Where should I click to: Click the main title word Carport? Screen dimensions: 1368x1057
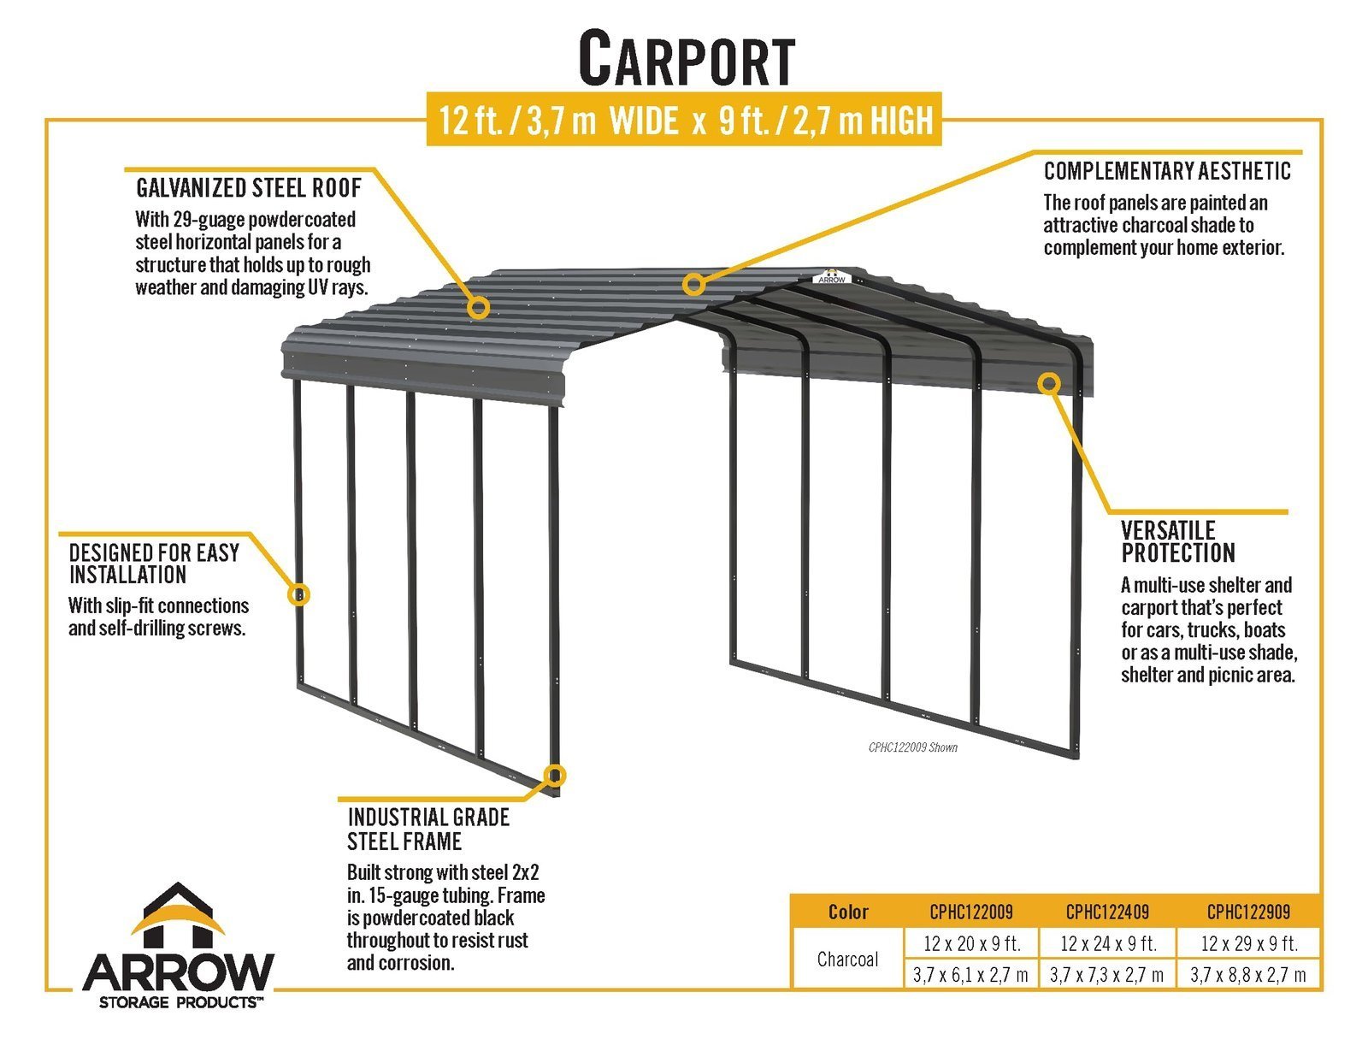[x=687, y=58]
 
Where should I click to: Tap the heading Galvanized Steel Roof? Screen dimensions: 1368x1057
[x=249, y=187]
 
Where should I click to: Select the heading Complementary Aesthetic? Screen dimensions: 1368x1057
[x=1167, y=171]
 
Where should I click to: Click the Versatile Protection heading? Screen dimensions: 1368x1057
[x=1178, y=541]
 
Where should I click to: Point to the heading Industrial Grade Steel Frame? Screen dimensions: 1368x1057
[x=428, y=830]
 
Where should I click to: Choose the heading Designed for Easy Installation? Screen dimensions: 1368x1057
[x=154, y=564]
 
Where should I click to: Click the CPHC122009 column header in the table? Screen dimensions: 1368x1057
[x=970, y=912]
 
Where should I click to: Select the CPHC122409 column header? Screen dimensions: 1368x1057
[x=1107, y=912]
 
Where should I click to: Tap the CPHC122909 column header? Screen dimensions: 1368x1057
[x=1248, y=912]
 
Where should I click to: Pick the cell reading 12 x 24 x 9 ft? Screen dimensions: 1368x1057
[x=1108, y=944]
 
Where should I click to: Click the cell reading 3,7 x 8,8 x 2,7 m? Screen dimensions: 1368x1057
[x=1248, y=975]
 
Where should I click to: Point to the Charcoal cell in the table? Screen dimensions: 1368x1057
[x=847, y=960]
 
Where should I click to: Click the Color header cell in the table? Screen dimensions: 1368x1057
[x=848, y=912]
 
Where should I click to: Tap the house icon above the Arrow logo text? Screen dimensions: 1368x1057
[x=178, y=914]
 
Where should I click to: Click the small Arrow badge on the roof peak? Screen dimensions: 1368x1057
[x=831, y=278]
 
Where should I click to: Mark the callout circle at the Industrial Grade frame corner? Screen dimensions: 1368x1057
[x=555, y=776]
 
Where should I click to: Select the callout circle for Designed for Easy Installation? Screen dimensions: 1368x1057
[x=298, y=594]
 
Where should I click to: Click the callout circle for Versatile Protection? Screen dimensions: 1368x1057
[x=1049, y=383]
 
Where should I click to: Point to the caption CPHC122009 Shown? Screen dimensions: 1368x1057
[x=913, y=747]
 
